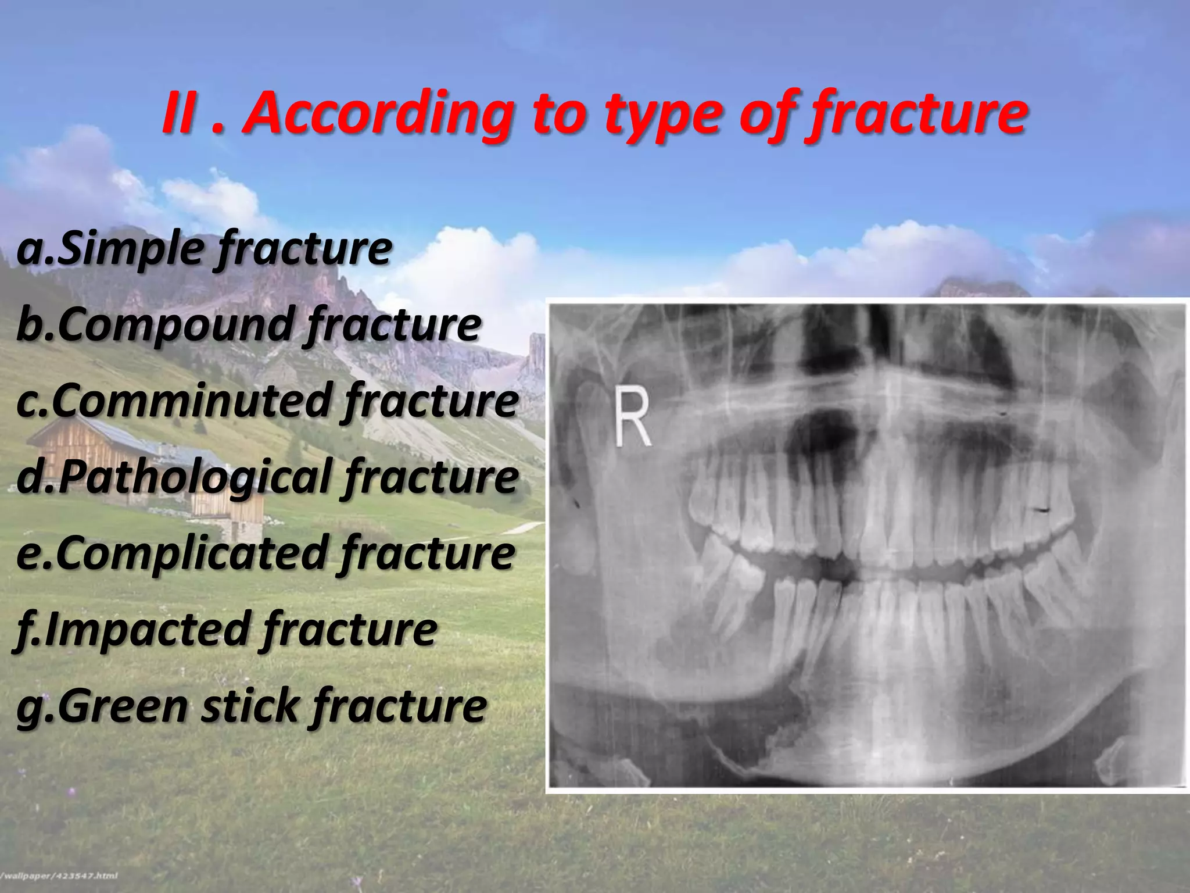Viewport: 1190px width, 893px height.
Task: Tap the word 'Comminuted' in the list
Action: tap(192, 401)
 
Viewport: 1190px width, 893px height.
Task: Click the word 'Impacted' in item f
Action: tap(148, 629)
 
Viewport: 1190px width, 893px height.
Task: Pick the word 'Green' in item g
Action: tap(121, 706)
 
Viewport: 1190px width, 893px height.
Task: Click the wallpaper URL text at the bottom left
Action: tap(58, 876)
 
